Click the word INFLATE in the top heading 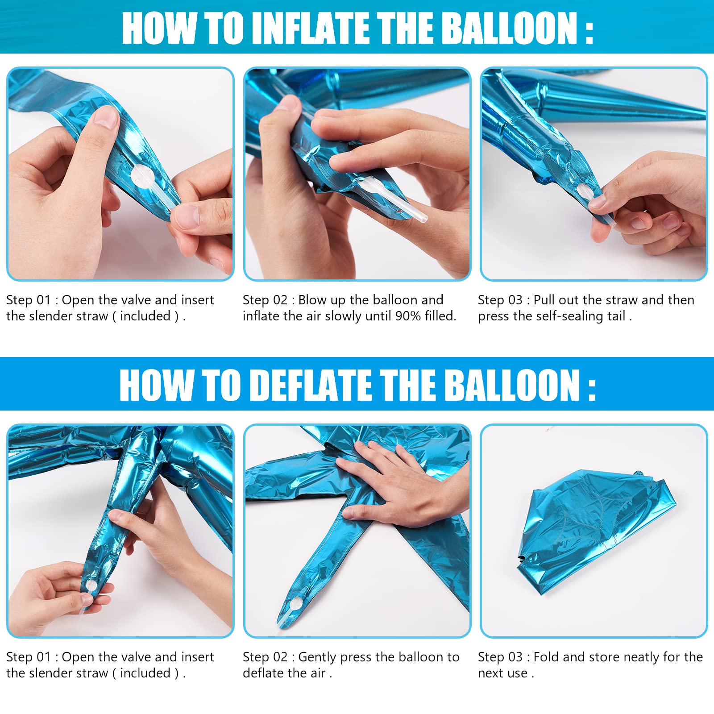314,28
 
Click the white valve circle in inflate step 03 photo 585,192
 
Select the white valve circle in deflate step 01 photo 90,586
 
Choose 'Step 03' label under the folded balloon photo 500,657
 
